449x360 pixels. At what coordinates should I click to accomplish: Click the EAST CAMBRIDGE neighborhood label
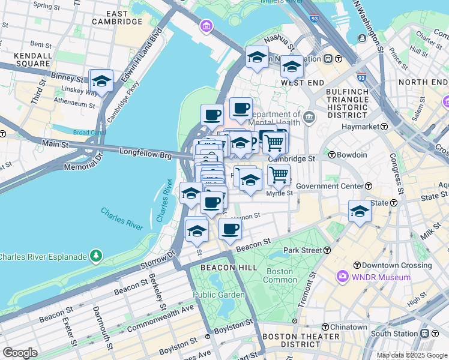pos(117,17)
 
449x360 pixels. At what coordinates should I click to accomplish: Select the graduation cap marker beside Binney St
pos(101,82)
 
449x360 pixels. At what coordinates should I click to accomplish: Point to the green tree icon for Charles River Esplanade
pos(96,257)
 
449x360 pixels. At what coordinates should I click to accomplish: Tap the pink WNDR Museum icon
pos(343,277)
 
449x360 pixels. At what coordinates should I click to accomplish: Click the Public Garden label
pos(218,295)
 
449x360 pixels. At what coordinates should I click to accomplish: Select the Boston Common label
pos(280,275)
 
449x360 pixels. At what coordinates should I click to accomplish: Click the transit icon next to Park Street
pos(327,250)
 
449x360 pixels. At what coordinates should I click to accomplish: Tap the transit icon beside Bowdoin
pos(331,155)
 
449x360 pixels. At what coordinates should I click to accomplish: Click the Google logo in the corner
pos(20,353)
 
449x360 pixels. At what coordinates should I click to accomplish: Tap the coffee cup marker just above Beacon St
pos(230,229)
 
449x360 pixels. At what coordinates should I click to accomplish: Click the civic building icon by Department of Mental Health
pos(309,116)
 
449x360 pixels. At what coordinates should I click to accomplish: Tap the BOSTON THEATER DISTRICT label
pos(291,340)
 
